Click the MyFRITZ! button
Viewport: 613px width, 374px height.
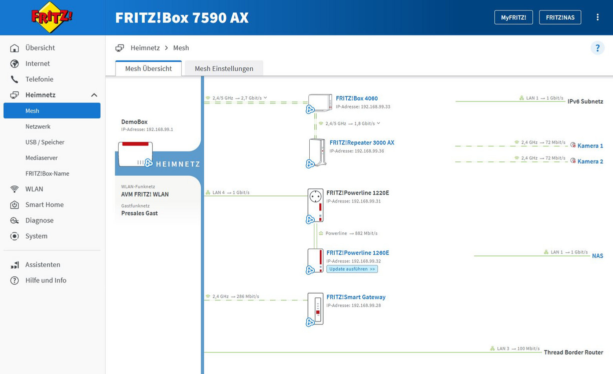513,17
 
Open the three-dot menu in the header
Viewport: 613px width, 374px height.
597,17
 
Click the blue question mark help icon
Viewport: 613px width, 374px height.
597,48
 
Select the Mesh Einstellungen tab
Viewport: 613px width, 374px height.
224,68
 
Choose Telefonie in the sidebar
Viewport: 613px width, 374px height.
40,79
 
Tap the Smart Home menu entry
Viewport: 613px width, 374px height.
45,205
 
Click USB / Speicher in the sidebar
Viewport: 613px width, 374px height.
45,142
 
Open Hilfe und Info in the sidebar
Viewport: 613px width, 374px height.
46,280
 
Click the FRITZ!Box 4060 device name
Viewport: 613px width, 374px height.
357,98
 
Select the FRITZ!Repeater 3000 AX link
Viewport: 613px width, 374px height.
362,142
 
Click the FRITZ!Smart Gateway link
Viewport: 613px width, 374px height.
356,297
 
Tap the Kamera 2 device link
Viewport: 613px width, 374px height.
590,161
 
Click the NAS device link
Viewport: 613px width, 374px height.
597,256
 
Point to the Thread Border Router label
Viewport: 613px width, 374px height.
573,352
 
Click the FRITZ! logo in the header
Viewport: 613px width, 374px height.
52,17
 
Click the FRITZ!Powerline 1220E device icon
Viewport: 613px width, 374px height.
315,205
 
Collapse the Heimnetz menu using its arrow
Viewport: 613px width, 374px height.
94,95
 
